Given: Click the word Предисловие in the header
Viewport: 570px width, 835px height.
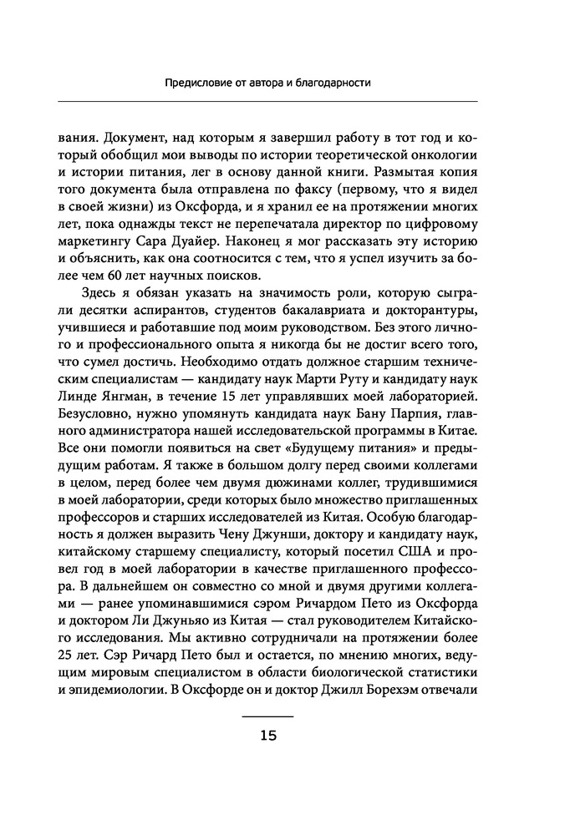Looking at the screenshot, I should (x=198, y=83).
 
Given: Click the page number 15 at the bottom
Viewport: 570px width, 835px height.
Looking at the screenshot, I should (x=267, y=736).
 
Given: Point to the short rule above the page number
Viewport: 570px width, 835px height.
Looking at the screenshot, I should (x=267, y=717).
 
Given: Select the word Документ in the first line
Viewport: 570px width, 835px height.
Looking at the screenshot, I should (x=138, y=134).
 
